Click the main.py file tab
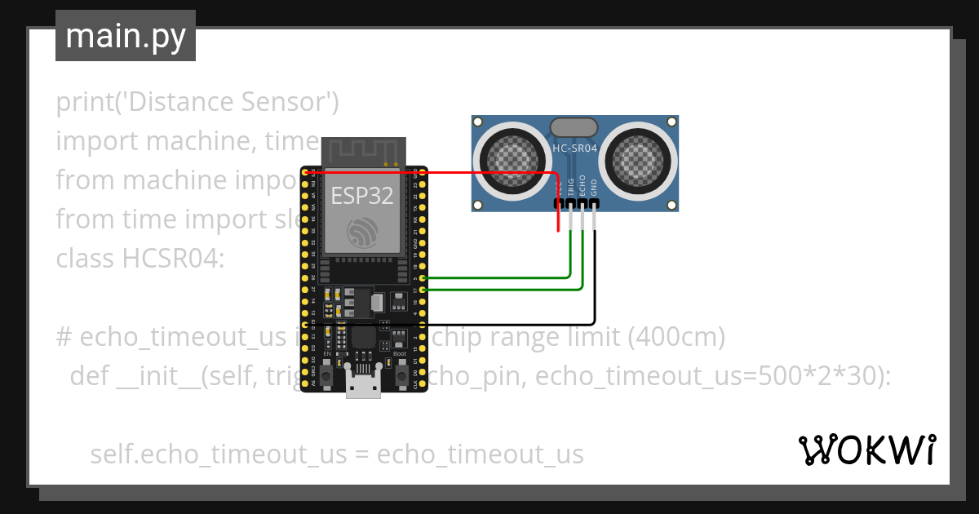tap(125, 36)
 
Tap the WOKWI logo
tap(866, 450)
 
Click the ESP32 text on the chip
tap(361, 196)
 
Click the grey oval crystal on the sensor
tap(574, 127)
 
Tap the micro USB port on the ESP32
tap(362, 383)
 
